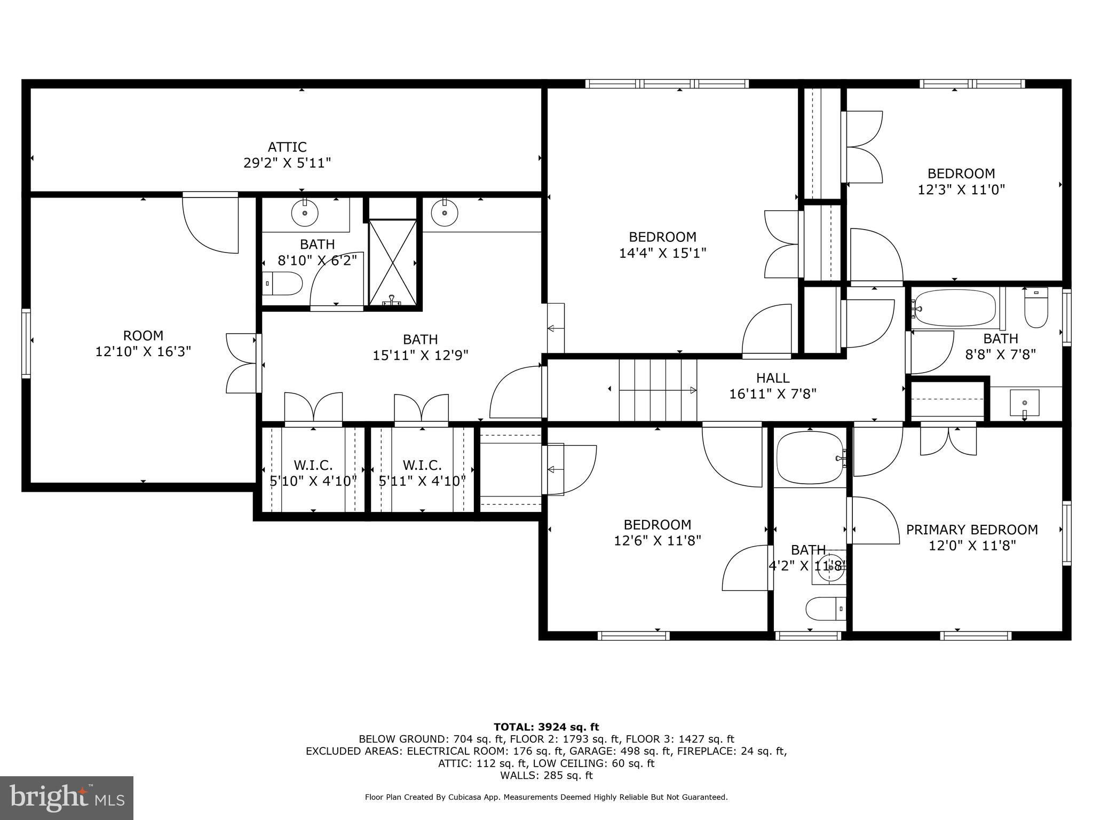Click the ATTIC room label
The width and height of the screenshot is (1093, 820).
tap(287, 147)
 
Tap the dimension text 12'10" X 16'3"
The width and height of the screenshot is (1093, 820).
tap(143, 352)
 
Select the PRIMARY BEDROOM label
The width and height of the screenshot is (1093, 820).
tap(972, 530)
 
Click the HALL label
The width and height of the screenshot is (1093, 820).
tap(773, 378)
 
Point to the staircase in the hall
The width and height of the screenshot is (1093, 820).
tap(658, 390)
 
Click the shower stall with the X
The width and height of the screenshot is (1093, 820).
tap(393, 263)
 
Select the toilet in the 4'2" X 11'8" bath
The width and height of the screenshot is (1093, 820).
tap(826, 609)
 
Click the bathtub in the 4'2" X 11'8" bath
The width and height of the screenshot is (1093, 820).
tap(810, 458)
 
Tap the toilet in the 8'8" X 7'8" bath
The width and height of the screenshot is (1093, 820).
tap(1036, 307)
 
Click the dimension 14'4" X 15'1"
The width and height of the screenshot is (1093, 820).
tap(662, 253)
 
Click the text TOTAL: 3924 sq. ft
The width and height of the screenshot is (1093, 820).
tap(546, 727)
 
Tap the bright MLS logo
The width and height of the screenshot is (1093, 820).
tap(67, 798)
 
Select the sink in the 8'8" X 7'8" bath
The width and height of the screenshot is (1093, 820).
tap(1025, 403)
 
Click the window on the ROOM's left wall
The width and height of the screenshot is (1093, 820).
tap(26, 344)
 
